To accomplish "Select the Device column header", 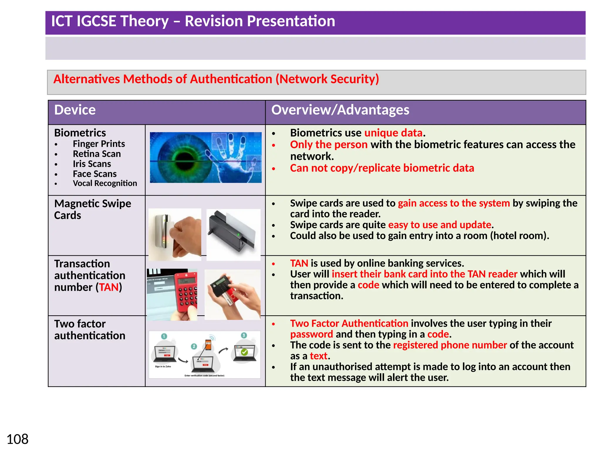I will point(75,110).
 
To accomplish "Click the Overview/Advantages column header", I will point(340,110).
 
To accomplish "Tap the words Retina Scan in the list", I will point(97,154).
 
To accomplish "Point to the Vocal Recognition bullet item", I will point(105,184).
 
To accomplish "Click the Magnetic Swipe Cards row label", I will point(92,209).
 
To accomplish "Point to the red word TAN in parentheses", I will point(109,287).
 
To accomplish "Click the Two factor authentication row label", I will point(90,330).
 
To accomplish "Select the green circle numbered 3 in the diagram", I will point(244,335).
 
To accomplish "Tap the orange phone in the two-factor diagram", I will point(208,345).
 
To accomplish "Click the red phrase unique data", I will point(393,133).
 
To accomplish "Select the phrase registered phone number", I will point(450,345).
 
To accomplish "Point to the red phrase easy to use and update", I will point(439,225).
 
